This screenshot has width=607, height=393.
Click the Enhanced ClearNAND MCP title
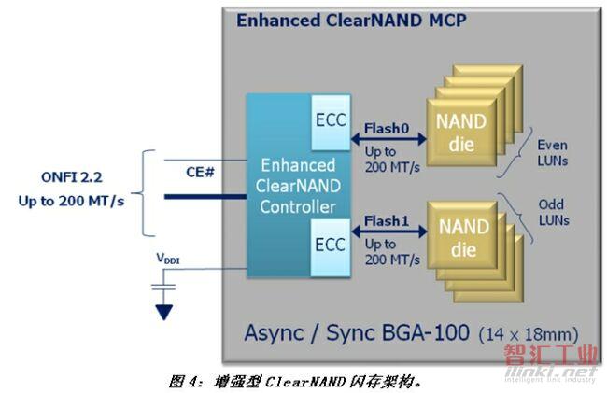coord(351,21)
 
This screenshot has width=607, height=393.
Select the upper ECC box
coord(331,122)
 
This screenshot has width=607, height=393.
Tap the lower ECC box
coord(331,248)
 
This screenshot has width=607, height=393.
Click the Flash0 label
coord(387,128)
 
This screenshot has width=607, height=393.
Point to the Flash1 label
coord(387,221)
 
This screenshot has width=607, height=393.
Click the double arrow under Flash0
coord(388,139)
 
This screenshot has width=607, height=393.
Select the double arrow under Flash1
coord(389,232)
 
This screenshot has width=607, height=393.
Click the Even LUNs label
coord(553,153)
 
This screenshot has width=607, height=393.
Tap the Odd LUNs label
coord(554,212)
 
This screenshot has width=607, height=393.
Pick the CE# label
coord(200,172)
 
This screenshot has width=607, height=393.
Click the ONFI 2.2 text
coord(72,177)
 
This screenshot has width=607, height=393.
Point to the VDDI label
coord(167,259)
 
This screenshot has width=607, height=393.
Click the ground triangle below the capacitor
coord(164,312)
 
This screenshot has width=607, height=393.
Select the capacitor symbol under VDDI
coord(163,288)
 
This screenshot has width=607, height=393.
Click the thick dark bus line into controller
coord(205,197)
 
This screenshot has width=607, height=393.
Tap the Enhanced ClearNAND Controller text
coord(298,186)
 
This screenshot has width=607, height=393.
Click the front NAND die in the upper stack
coord(461,133)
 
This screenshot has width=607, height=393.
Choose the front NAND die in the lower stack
coord(462,235)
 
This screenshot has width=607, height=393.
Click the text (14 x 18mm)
coord(529,335)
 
